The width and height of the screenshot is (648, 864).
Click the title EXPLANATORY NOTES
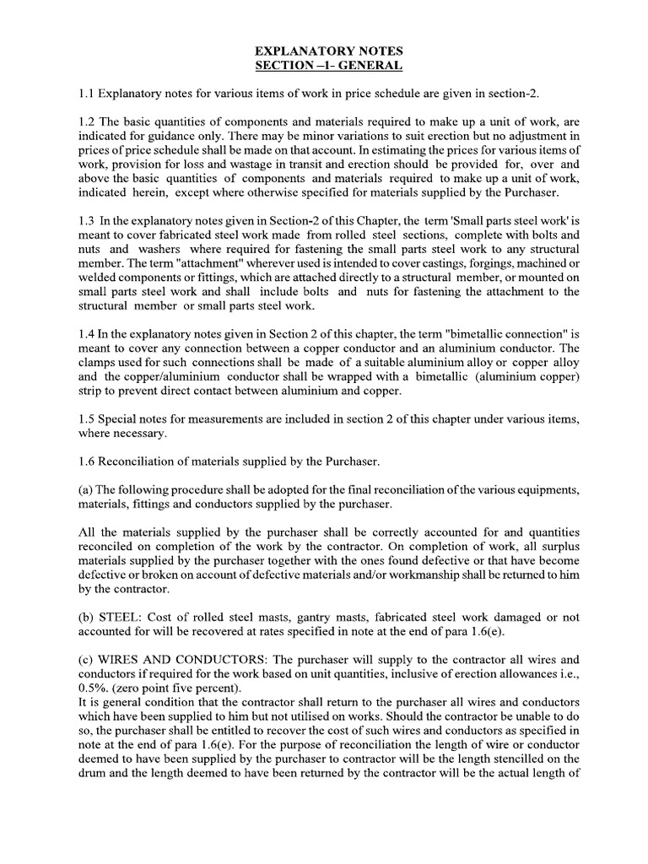coord(323,51)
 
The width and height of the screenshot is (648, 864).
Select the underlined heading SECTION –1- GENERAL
coord(323,66)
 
